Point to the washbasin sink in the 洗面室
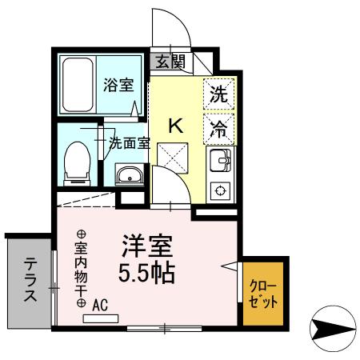tap(128, 175)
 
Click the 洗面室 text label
tap(129, 144)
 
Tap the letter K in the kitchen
tap(177, 125)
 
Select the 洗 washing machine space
tap(218, 93)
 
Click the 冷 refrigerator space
tap(218, 126)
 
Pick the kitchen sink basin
tap(218, 162)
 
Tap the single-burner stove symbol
tap(219, 190)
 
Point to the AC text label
tap(100, 305)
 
